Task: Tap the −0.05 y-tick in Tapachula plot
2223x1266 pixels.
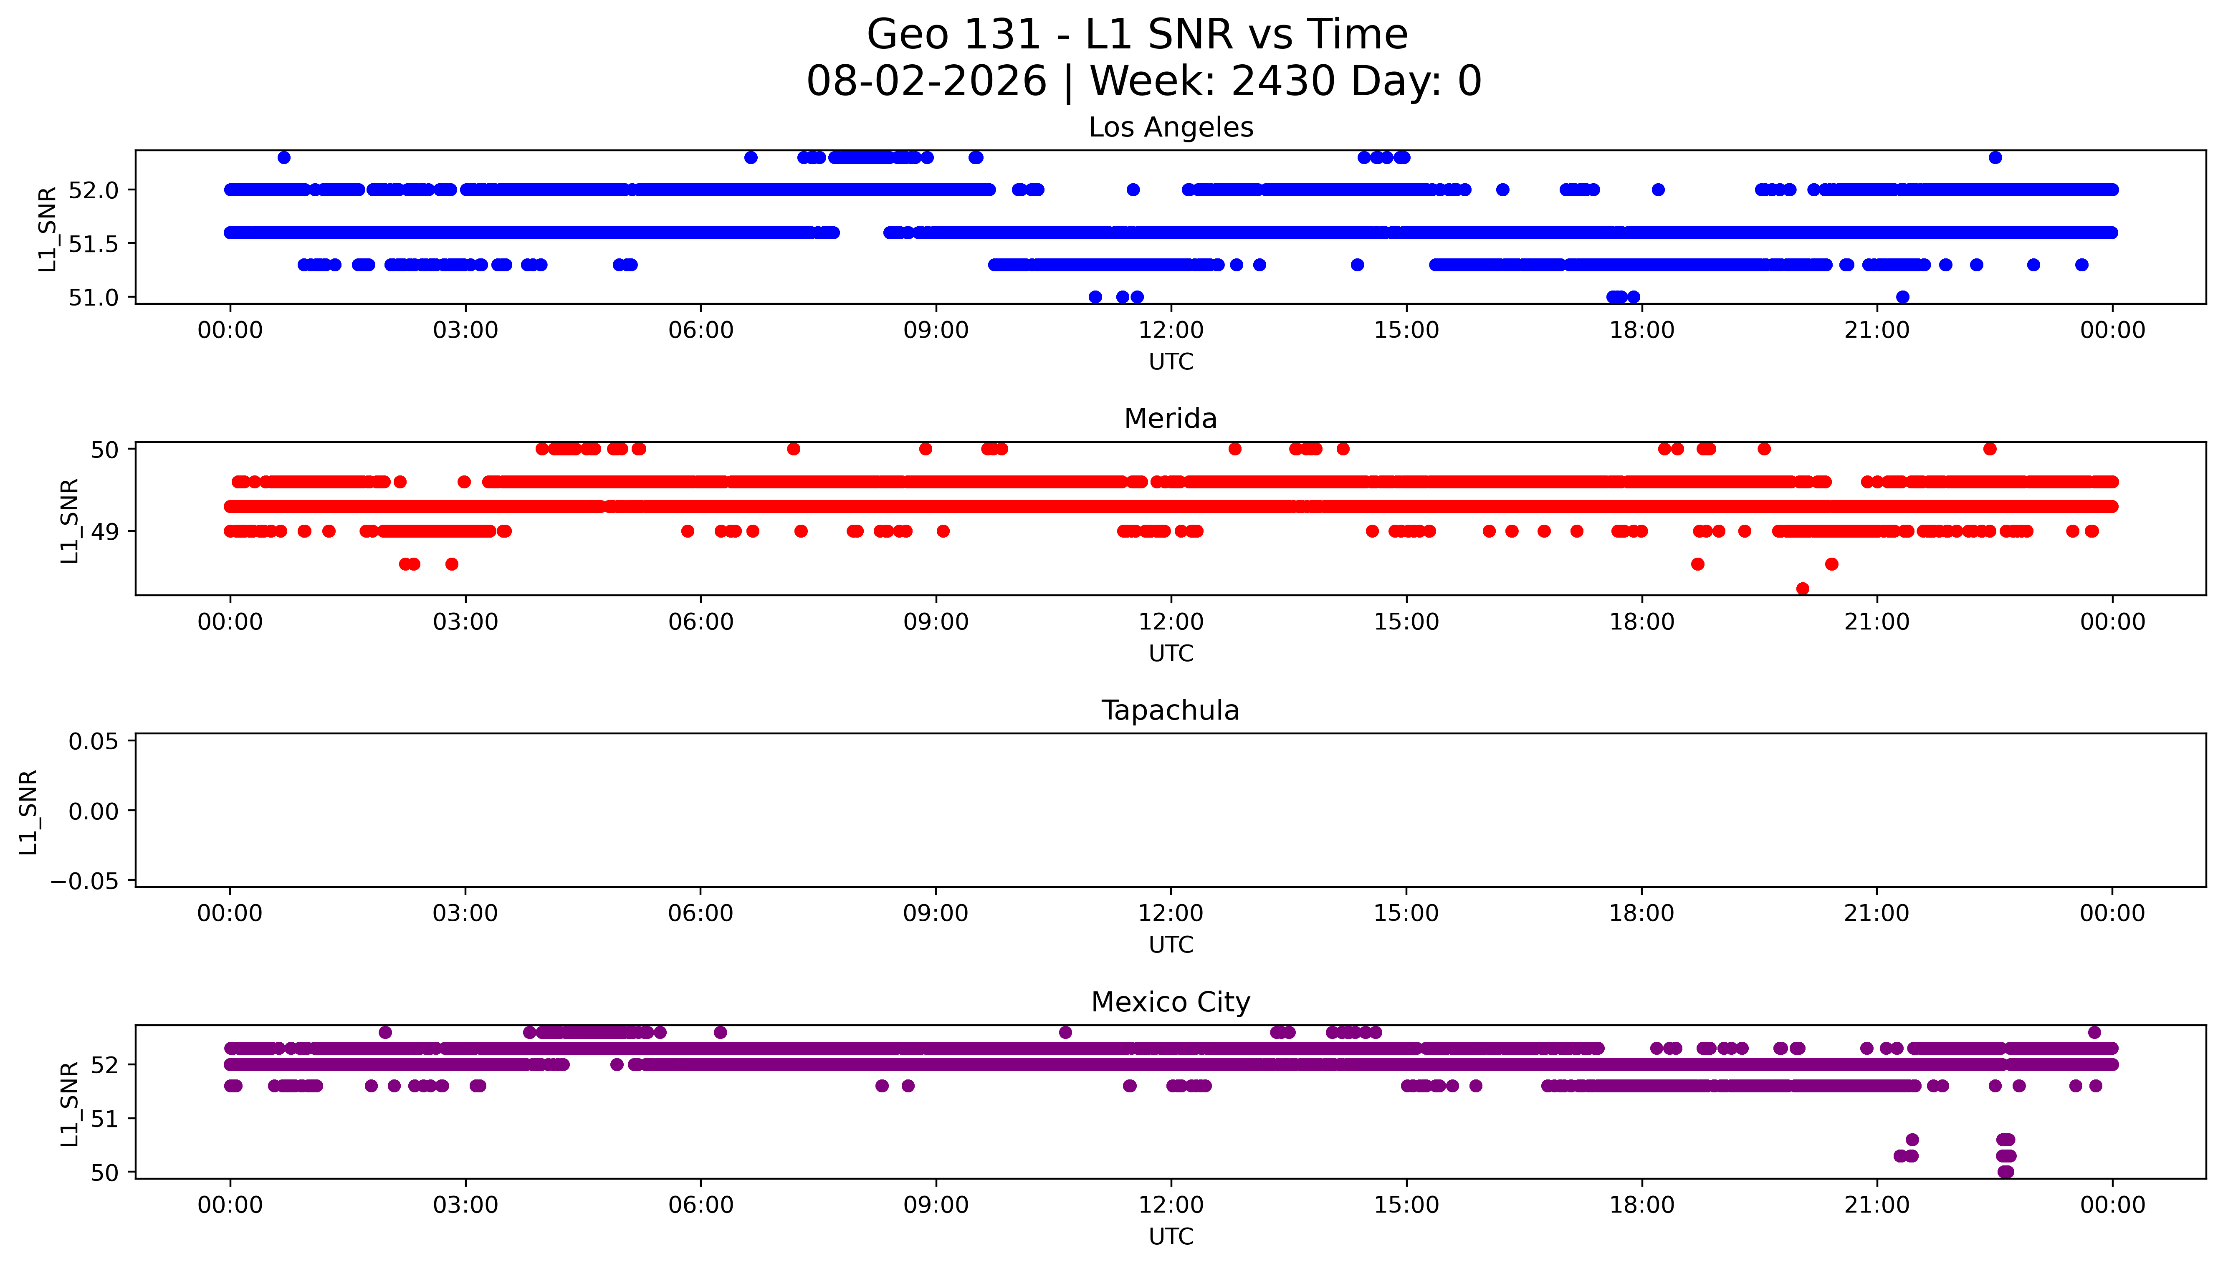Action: point(84,881)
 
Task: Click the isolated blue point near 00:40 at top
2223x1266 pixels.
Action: point(283,157)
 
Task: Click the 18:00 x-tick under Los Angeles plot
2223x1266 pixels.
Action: point(1641,331)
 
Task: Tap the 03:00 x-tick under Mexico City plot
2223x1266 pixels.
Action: point(465,1205)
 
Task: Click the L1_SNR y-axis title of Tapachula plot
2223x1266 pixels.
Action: point(29,811)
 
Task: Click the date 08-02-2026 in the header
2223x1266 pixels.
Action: point(927,82)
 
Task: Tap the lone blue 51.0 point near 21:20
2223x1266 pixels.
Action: point(1902,297)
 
